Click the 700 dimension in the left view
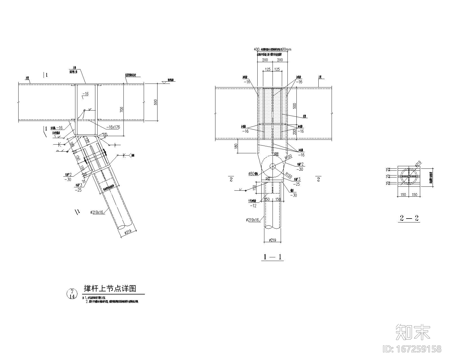pos(122,110)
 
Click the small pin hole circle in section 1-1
pos(272,166)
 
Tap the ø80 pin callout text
pos(253,174)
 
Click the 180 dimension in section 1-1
pos(236,146)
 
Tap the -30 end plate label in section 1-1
pos(294,195)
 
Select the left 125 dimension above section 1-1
pos(267,69)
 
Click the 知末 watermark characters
pos(413,332)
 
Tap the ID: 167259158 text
pos(412,349)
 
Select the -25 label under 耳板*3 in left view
pos(78,190)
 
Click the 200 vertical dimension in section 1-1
pos(294,131)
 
